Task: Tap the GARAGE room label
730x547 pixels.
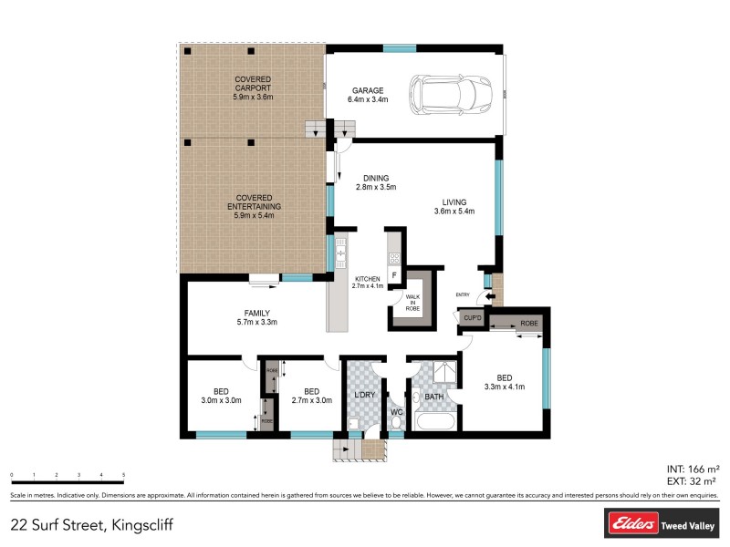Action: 369,95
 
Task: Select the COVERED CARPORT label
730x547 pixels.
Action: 253,87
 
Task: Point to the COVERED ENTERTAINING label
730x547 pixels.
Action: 254,202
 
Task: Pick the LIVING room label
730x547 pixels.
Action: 454,207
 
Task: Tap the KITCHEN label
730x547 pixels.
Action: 369,282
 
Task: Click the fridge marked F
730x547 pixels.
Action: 394,273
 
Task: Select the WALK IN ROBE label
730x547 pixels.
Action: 412,302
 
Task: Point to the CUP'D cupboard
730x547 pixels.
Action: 472,318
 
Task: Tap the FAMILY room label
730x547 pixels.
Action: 256,316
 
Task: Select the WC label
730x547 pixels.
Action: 396,412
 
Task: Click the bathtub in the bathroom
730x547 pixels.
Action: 433,422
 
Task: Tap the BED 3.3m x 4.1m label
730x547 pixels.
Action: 505,382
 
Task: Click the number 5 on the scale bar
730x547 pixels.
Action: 123,476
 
